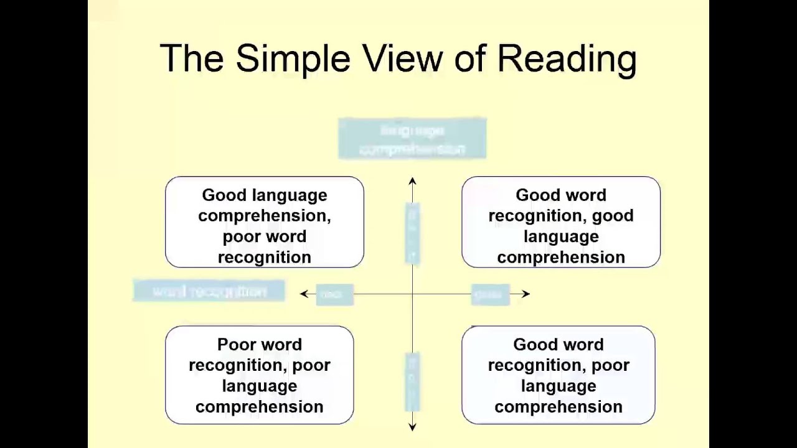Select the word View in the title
402,59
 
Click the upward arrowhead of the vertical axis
412,181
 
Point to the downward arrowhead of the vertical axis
412,427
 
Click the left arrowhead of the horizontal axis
304,294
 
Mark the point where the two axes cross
412,294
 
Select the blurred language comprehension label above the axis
412,139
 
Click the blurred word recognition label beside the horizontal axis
209,291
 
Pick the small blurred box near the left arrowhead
334,295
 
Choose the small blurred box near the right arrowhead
490,295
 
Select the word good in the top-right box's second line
613,216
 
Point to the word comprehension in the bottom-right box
559,407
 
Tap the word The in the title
192,59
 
